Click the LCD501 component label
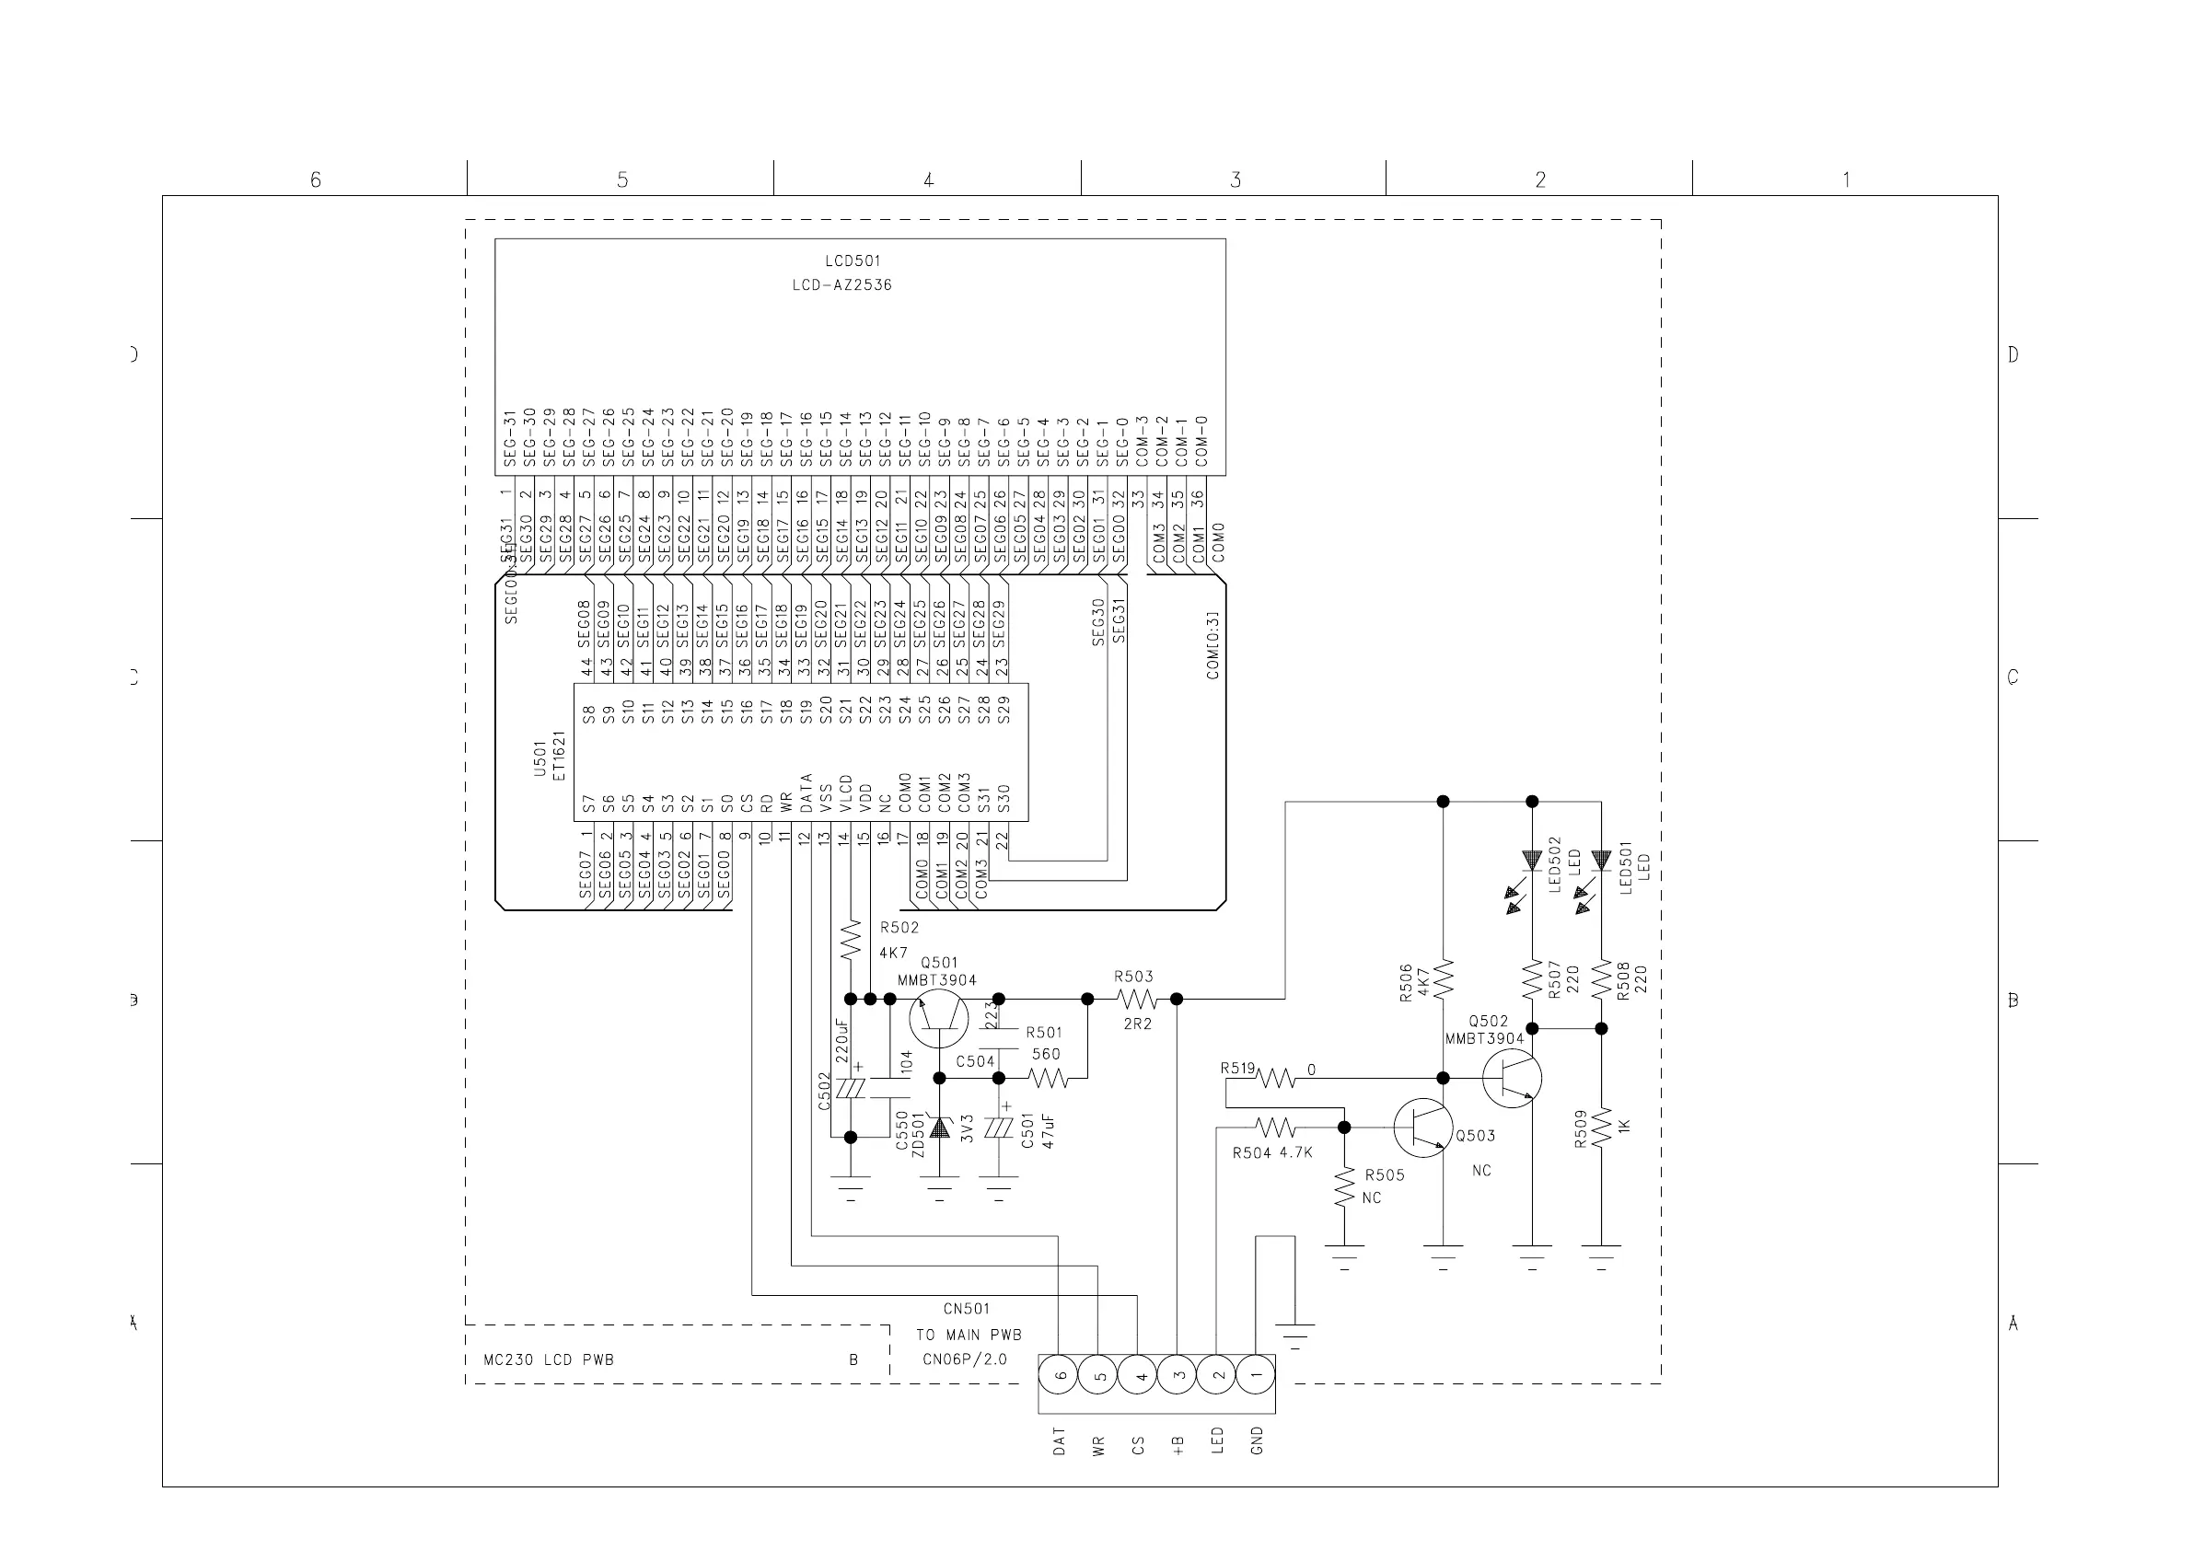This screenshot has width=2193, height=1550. click(852, 260)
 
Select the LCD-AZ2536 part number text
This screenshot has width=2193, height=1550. click(841, 284)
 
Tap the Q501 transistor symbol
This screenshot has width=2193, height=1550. click(938, 1018)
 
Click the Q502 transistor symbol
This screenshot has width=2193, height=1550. click(1512, 1078)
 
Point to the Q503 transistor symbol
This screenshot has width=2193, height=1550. click(1422, 1128)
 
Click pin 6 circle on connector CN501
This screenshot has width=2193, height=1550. click(1059, 1375)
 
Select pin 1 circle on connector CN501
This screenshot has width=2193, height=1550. click(1255, 1375)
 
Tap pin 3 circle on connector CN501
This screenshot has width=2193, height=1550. click(1177, 1375)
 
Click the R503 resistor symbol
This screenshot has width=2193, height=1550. click(1136, 999)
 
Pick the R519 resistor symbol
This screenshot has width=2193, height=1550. click(1275, 1078)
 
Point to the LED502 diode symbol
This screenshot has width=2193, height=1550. click(1532, 861)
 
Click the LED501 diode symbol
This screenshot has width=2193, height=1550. click(1601, 861)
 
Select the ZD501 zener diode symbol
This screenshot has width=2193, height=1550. click(940, 1128)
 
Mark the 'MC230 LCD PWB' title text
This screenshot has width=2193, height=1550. click(549, 1360)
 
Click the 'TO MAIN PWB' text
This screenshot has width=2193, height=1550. click(969, 1336)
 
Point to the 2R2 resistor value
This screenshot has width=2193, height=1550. click(1137, 1024)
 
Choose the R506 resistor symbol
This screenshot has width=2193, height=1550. click(1443, 977)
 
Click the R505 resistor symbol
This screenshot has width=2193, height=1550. click(1344, 1187)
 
